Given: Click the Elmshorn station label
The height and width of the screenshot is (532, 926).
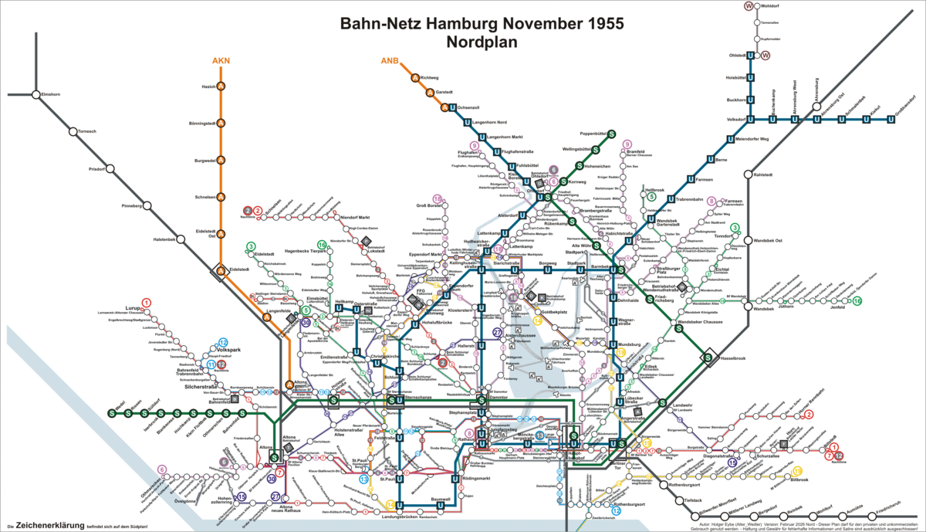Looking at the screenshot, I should (51, 94).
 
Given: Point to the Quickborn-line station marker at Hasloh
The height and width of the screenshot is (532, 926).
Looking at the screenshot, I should (221, 86).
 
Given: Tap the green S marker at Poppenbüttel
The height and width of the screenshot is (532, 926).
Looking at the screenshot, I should (611, 134).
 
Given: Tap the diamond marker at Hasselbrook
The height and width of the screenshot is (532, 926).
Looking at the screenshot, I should (707, 357).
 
